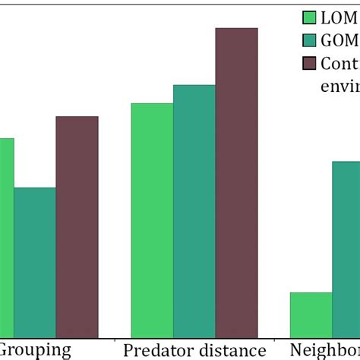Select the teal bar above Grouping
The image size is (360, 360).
click(x=34, y=262)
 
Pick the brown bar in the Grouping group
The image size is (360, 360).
click(x=77, y=227)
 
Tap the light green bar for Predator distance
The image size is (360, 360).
click(x=152, y=220)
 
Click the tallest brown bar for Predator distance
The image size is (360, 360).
click(x=236, y=182)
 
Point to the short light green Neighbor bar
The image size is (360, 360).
click(x=311, y=315)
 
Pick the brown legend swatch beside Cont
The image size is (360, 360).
click(x=309, y=63)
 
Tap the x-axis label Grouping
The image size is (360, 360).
click(x=35, y=350)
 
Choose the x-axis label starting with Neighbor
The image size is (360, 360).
click(x=327, y=350)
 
